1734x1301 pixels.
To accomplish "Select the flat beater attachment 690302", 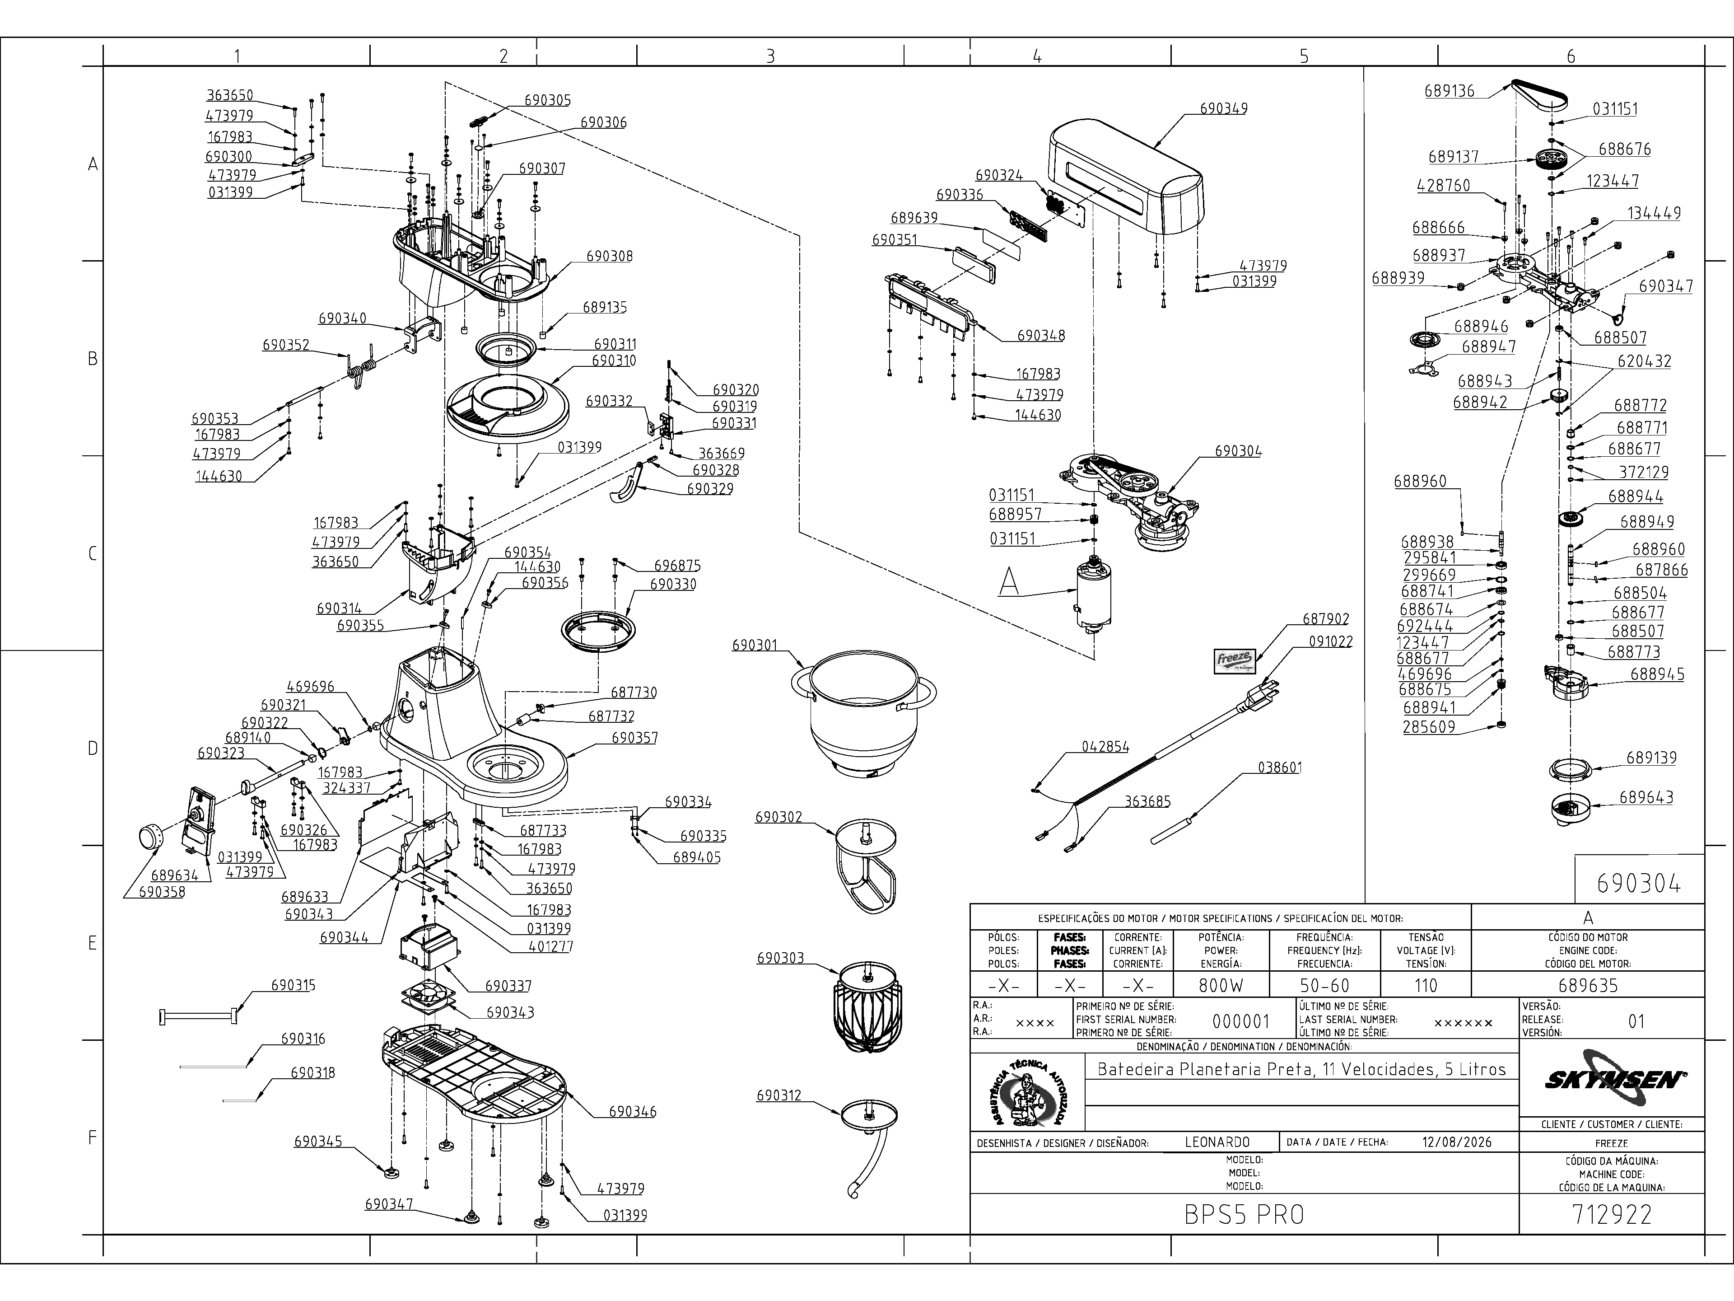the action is (866, 866).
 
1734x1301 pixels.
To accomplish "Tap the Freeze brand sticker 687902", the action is (1235, 660).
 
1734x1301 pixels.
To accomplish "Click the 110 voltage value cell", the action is (1425, 985).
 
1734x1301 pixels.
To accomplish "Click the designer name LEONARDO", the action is (1217, 1142).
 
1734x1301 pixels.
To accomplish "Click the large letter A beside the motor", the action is (1009, 581).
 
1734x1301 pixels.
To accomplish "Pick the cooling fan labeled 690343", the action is (428, 997).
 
